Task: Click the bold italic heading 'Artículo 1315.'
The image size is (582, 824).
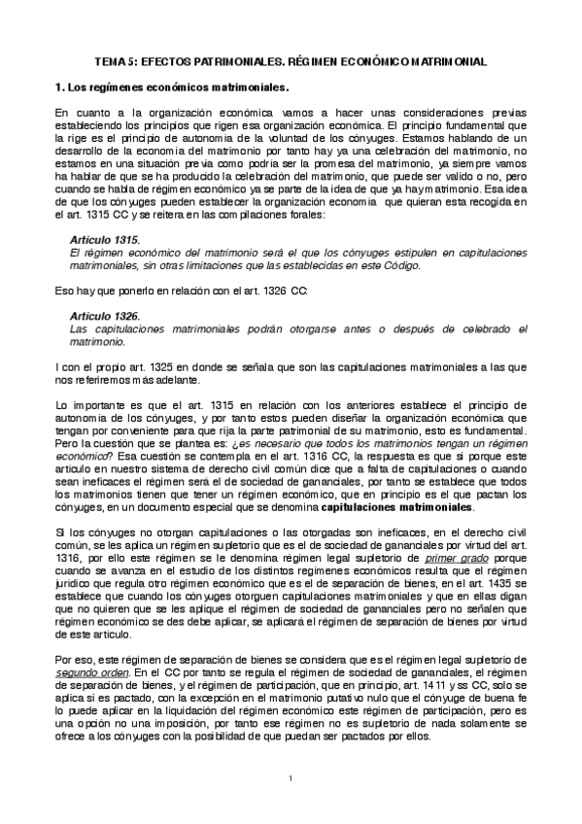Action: coord(106,239)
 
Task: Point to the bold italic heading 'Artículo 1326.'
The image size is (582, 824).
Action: coord(106,317)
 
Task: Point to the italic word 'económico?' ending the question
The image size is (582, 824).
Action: coord(83,457)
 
